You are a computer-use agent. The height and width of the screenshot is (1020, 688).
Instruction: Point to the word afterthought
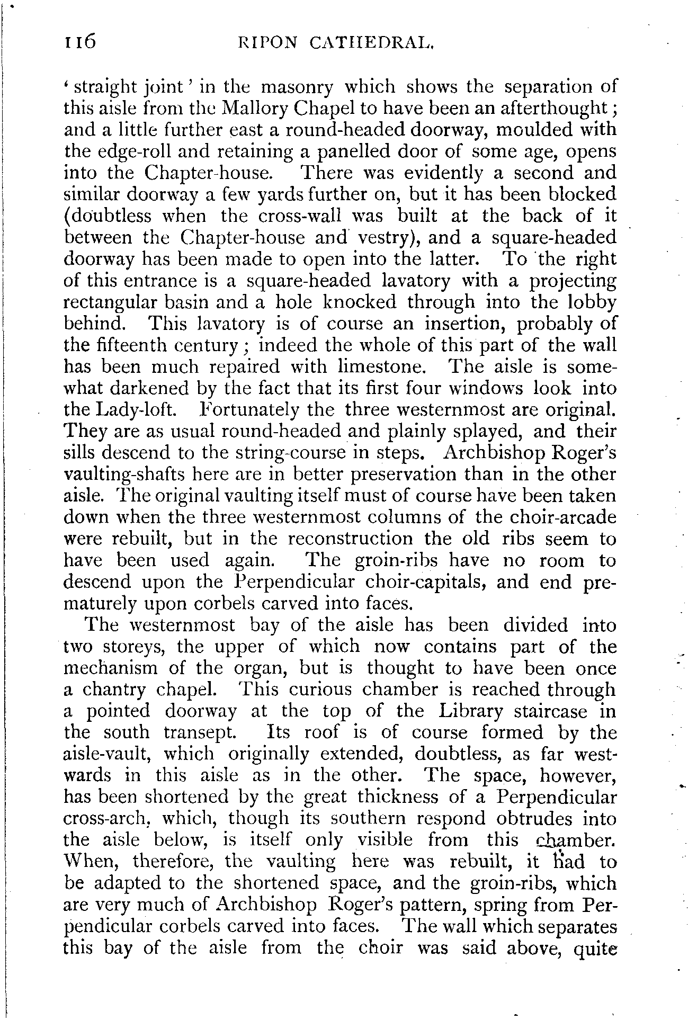pos(555,108)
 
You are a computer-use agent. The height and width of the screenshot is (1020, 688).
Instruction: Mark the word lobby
pos(591,302)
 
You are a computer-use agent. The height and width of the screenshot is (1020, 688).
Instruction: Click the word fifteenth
pos(130,345)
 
